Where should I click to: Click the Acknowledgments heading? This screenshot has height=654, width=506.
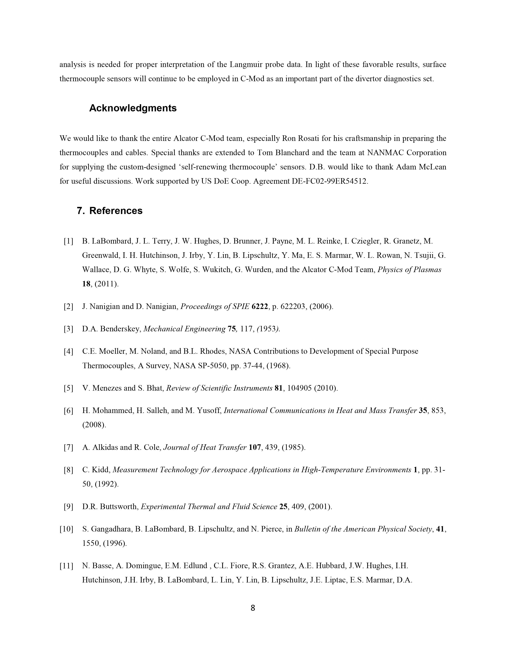coord(133,108)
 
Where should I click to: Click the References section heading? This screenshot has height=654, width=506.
coord(116,211)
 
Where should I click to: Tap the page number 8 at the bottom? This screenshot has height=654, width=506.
coord(253,608)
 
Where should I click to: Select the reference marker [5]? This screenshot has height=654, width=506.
coord(68,388)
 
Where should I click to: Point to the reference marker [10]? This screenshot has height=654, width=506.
coord(66,529)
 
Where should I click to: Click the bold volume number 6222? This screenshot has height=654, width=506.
coord(260,307)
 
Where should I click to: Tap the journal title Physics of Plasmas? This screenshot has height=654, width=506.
coord(409,270)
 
